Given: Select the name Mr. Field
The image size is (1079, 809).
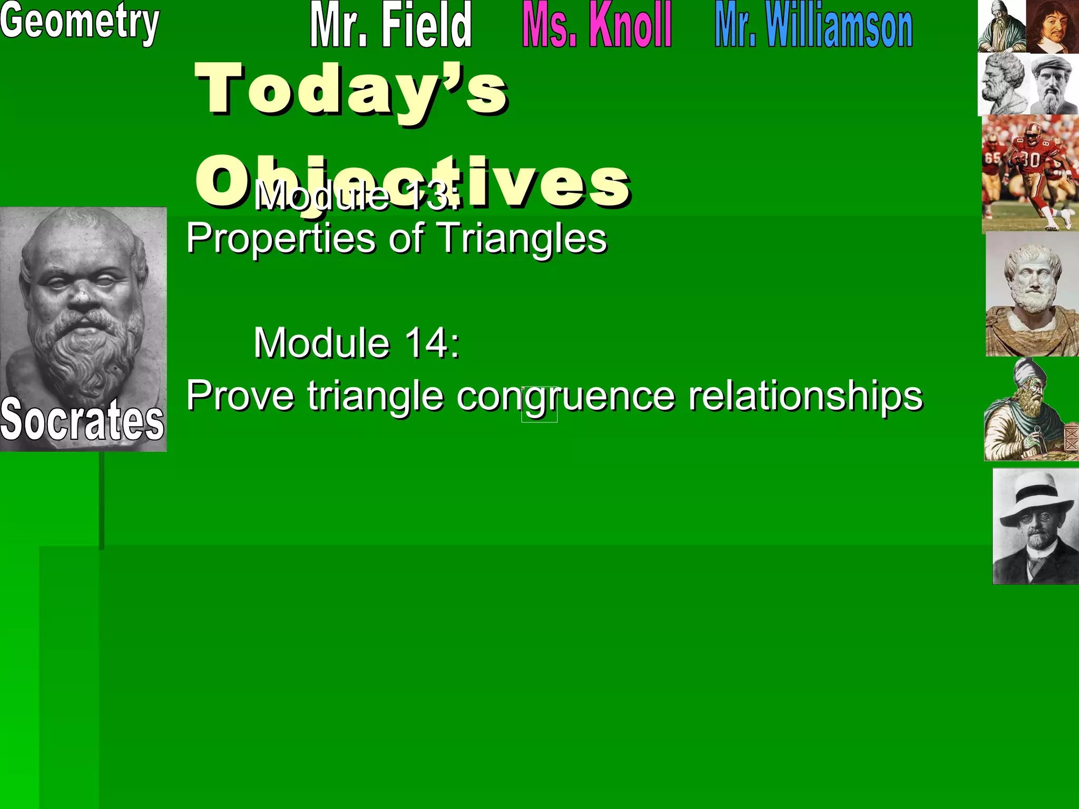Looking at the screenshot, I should point(390,25).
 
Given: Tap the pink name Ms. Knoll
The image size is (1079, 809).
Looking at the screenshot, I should point(596,25).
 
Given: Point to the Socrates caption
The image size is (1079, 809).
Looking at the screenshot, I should point(82,420).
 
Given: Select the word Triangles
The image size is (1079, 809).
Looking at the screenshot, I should point(522,238).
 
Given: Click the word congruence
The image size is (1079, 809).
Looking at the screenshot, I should point(565,396).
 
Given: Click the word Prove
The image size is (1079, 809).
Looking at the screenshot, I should point(240,396).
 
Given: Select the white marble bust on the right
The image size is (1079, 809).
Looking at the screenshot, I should point(1032,295).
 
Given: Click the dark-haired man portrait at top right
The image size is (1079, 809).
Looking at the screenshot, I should point(1053,26).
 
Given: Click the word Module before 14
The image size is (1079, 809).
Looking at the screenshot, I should point(321,343).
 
